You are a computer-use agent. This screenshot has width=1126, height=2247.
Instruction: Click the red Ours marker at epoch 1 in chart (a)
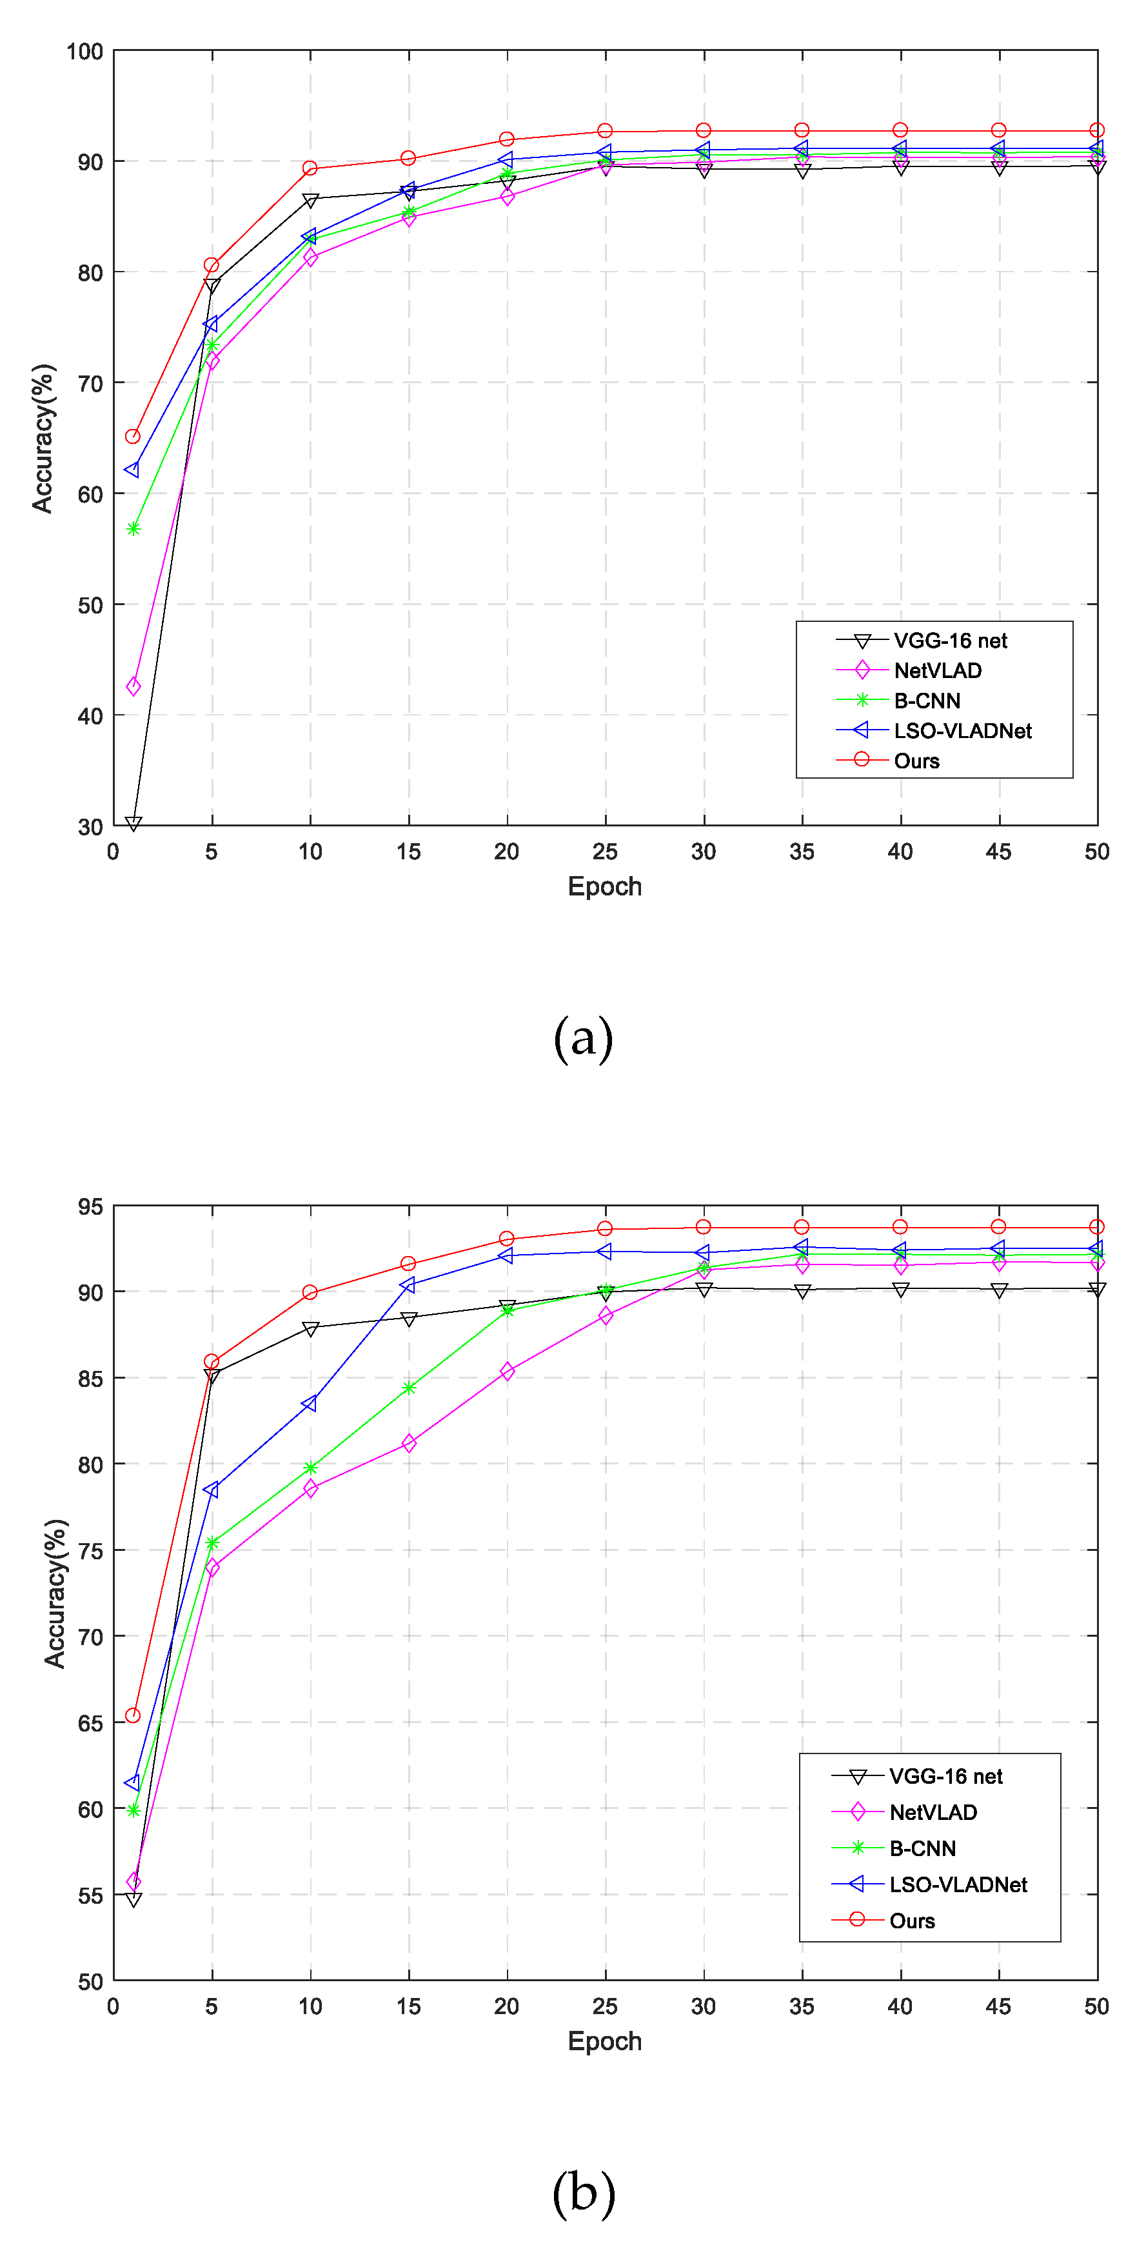(133, 436)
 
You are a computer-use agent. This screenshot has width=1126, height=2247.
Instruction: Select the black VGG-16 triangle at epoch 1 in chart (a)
(133, 823)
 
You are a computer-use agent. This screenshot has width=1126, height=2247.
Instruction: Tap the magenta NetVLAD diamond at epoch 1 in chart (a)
(133, 686)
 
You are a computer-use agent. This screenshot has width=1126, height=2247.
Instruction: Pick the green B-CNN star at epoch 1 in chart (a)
(133, 528)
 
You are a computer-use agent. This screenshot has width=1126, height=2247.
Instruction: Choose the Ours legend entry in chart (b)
(911, 1921)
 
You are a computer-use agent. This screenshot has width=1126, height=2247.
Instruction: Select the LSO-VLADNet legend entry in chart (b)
(957, 1885)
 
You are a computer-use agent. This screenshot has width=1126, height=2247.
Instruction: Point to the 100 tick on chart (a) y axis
(84, 52)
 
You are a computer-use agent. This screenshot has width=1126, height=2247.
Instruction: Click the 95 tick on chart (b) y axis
(90, 1207)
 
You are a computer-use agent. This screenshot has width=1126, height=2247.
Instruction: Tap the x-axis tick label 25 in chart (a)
(604, 852)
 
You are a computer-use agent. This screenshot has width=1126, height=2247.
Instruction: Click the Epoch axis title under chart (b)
(604, 2041)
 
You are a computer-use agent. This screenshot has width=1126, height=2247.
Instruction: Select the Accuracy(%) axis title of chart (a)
(43, 438)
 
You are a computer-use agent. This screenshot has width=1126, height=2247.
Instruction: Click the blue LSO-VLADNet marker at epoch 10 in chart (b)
(310, 1403)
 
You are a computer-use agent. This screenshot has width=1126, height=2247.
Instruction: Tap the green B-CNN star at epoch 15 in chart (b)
(408, 1388)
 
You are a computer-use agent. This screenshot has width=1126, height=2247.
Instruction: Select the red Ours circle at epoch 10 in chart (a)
(310, 168)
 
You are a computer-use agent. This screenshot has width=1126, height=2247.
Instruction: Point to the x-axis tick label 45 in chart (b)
(998, 2007)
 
